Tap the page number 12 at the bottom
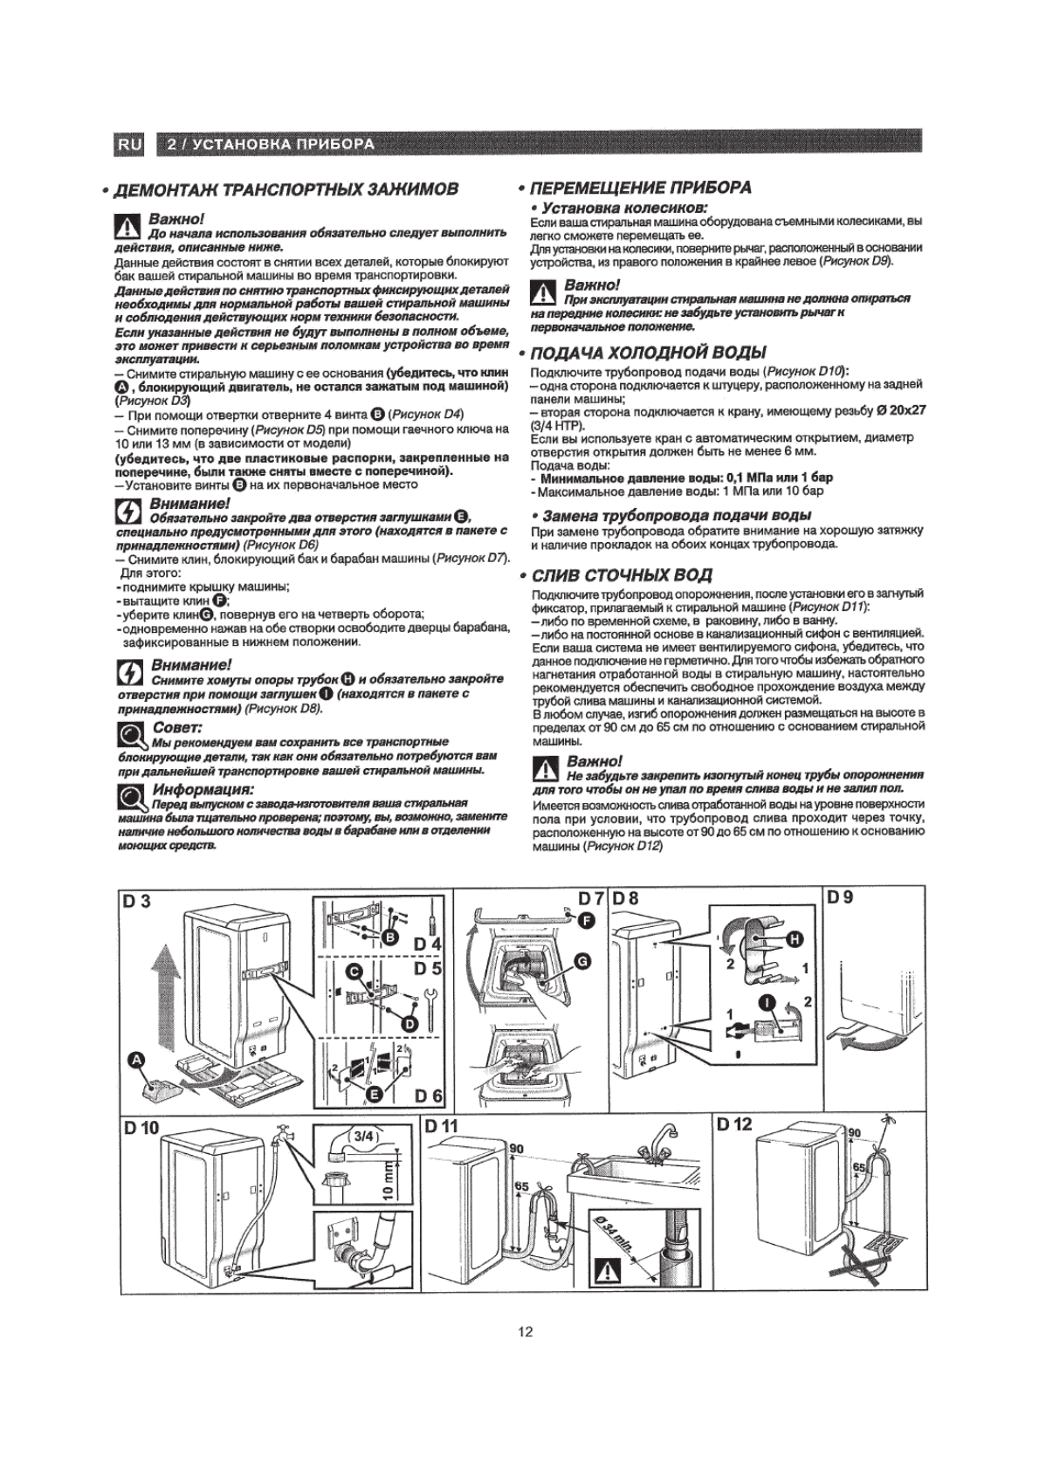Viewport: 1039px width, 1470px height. tap(525, 1332)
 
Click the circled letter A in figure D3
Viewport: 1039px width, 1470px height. tap(136, 1059)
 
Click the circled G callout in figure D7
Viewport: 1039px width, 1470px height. tap(583, 961)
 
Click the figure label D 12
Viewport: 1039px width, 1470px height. tap(734, 1124)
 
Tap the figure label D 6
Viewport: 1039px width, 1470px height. tap(430, 1096)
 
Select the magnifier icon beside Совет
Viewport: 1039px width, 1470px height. tap(134, 737)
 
